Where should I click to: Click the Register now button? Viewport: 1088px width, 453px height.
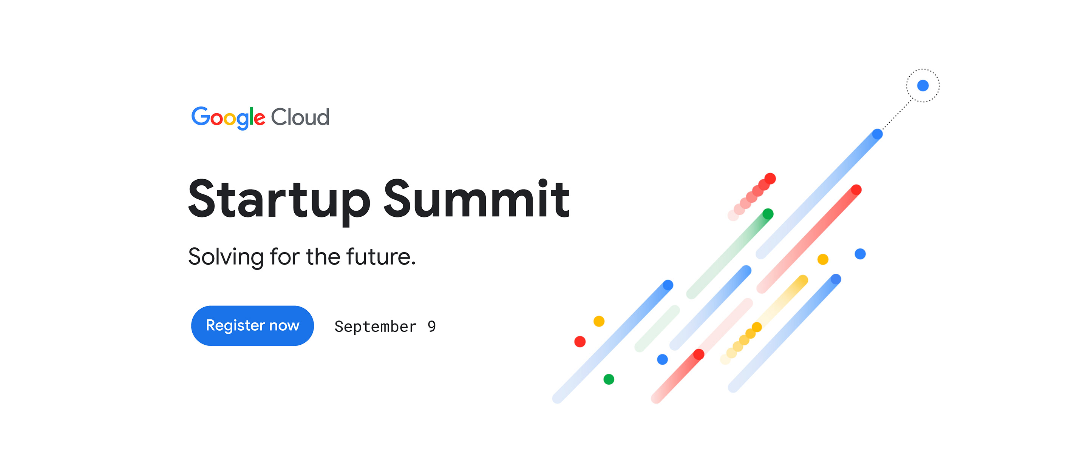click(x=252, y=325)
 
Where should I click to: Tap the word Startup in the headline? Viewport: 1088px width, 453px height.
click(x=279, y=199)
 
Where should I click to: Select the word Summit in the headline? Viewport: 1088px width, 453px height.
click(x=476, y=199)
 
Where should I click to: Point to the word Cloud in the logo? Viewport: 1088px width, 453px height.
click(x=300, y=117)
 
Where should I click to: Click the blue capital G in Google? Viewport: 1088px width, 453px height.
click(x=201, y=116)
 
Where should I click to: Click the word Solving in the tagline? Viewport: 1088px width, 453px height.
click(x=226, y=257)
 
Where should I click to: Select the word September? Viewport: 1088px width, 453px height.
click(x=375, y=326)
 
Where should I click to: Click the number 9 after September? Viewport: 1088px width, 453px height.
click(x=431, y=326)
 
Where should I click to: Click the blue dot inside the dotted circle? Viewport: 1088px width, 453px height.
click(x=923, y=86)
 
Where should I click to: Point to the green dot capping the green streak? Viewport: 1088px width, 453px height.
click(x=768, y=214)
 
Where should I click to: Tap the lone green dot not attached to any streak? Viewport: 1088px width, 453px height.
click(x=609, y=379)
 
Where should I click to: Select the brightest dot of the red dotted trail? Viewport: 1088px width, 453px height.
click(x=770, y=179)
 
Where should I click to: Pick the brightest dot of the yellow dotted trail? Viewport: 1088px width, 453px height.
click(x=756, y=327)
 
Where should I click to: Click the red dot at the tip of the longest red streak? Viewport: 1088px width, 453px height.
click(x=856, y=190)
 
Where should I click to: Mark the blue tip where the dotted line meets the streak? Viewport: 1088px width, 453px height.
click(x=877, y=134)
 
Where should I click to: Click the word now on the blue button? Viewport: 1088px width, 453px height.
click(x=284, y=325)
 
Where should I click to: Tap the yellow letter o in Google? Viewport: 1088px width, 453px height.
click(x=230, y=119)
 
